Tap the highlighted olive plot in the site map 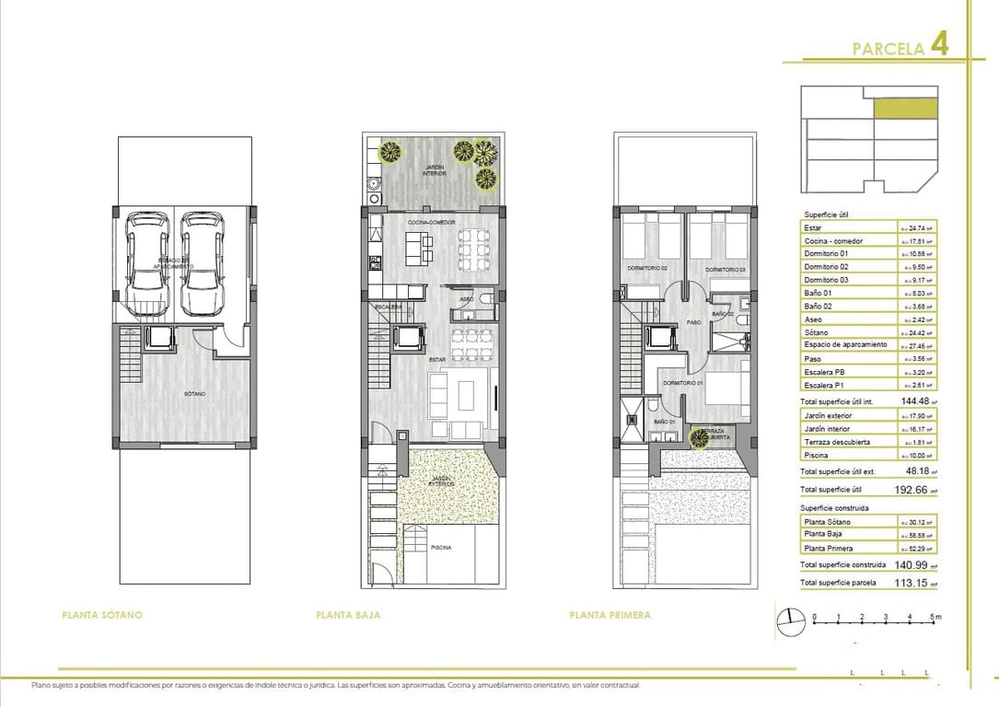pos(905,109)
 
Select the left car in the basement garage pos(147,262)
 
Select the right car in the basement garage pos(201,262)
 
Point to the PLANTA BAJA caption pos(348,615)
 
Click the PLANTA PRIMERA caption pos(610,615)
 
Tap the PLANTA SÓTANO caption pos(101,615)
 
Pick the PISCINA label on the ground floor pos(441,548)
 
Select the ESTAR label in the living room pos(437,360)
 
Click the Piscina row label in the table pos(816,455)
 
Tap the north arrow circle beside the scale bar pos(788,622)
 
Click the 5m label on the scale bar pos(934,617)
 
